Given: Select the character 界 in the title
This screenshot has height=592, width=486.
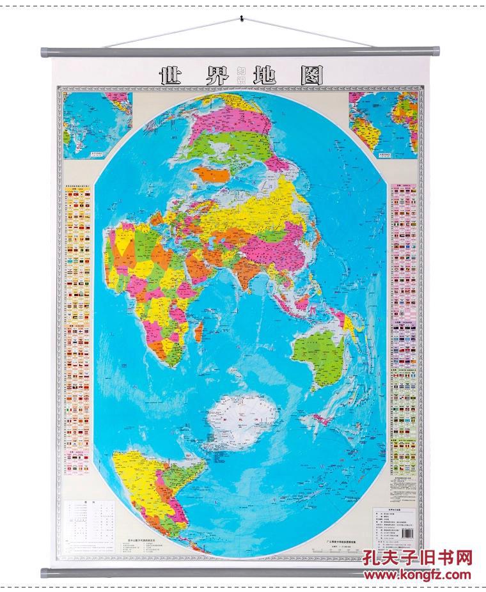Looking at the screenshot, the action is pyautogui.click(x=215, y=76).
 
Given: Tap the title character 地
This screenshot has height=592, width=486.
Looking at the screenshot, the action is pyautogui.click(x=263, y=76).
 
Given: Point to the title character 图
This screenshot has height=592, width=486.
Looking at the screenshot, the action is pyautogui.click(x=310, y=76).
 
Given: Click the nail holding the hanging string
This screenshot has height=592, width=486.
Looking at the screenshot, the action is pyautogui.click(x=242, y=17).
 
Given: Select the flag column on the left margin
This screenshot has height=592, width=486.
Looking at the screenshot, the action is pyautogui.click(x=80, y=320).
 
